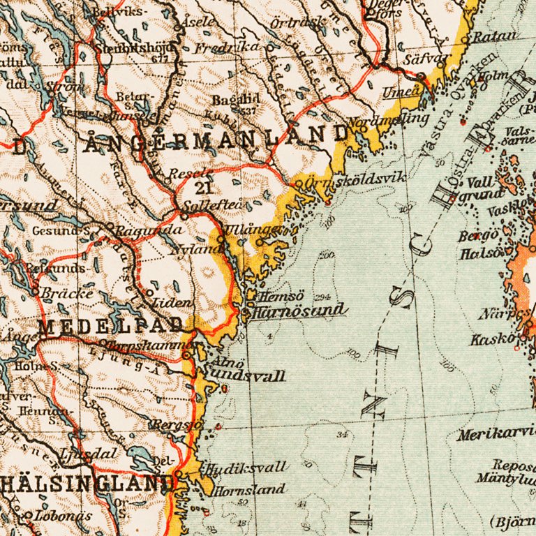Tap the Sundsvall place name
tap(244, 377)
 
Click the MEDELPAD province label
tap(112, 325)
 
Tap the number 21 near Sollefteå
tap(203, 188)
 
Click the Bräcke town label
tap(68, 293)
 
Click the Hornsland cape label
tap(250, 490)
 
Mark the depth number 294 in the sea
tap(322, 296)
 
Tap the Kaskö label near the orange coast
tap(492, 340)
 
